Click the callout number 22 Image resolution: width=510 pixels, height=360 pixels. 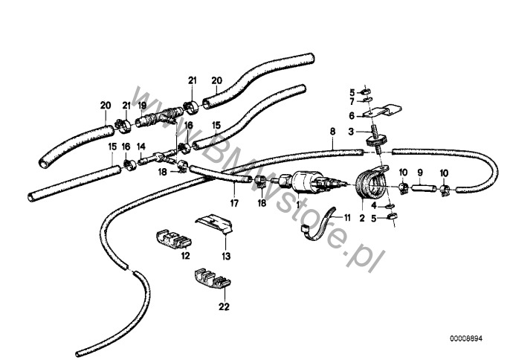224,306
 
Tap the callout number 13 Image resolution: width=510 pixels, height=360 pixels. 226,256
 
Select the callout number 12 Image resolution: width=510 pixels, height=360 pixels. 185,256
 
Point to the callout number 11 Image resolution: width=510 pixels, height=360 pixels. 347,217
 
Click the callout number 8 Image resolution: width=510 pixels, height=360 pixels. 332,132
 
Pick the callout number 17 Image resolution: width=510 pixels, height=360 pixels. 234,204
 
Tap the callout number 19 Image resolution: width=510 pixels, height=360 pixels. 142,105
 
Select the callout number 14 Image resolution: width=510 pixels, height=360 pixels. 141,147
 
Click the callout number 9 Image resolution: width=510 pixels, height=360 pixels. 420,173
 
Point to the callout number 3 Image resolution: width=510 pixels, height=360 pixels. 351,132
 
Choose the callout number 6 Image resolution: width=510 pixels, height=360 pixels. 352,115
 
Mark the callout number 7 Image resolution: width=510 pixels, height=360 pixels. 352,102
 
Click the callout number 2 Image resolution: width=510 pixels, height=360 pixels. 362,218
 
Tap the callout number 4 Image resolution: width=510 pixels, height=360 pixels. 374,206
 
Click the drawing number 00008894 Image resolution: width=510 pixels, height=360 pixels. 466,339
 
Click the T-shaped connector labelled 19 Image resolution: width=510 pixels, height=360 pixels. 159,119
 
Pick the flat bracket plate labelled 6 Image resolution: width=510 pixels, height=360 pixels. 382,111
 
